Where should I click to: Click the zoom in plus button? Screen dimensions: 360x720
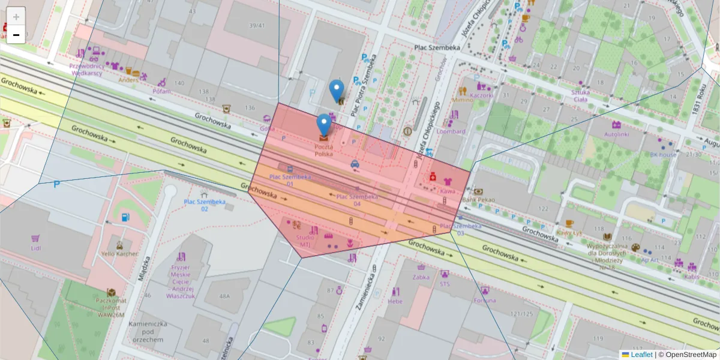pos(16,17)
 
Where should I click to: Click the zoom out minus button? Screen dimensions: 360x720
pos(16,35)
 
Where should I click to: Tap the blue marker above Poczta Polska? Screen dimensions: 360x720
pos(324,125)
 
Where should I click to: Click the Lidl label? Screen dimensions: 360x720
pos(35,248)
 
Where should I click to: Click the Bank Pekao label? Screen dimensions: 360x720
pos(478,199)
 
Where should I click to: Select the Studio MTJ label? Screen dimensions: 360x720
pos(304,241)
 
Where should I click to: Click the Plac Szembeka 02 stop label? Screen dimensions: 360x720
pos(205,205)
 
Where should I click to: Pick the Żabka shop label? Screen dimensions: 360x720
pos(421,277)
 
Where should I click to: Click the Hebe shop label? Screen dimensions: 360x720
pos(395,301)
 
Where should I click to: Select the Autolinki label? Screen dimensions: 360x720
pos(616,134)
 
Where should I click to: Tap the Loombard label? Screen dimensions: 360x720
pos(451,131)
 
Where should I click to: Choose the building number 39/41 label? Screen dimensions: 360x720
pos(257,25)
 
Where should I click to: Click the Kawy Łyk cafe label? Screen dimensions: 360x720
pos(569,232)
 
